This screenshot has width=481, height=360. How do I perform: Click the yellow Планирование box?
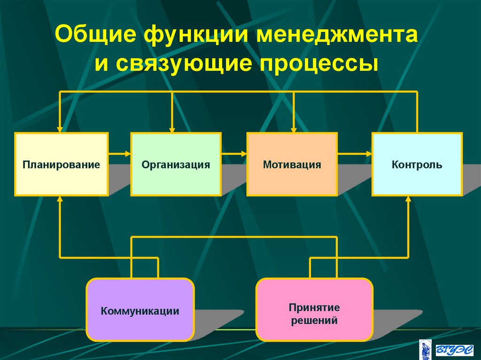(x=62, y=164)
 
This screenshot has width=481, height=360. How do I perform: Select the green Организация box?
(x=176, y=164)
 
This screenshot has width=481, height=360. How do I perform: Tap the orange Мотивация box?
(x=292, y=164)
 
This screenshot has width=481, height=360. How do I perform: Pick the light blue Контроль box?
(x=417, y=164)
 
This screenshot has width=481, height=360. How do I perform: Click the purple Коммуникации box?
(x=140, y=310)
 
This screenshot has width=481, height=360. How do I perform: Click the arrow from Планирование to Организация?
(x=119, y=153)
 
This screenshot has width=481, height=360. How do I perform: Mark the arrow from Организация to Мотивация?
(x=234, y=153)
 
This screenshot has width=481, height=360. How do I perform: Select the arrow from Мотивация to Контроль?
(x=355, y=153)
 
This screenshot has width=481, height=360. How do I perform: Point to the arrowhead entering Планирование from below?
(x=60, y=199)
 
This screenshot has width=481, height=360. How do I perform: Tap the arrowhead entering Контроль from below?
(x=408, y=199)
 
